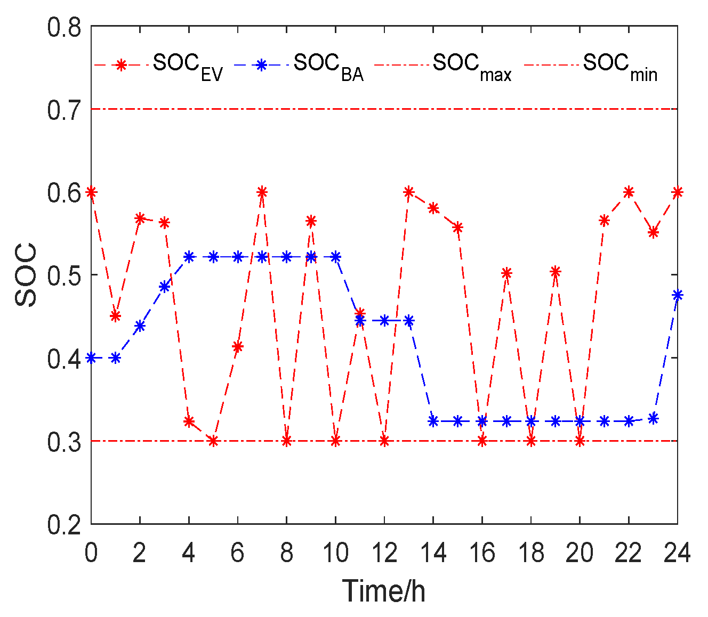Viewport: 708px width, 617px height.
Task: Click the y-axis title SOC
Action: [x=27, y=275]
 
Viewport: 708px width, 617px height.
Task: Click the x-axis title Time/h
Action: [x=384, y=591]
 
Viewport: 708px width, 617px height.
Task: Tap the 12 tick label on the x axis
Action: [x=384, y=553]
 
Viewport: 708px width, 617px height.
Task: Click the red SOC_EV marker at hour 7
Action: [x=262, y=192]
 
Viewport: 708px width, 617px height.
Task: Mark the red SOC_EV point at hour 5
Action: [x=213, y=441]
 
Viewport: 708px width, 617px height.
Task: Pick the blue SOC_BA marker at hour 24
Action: [x=678, y=295]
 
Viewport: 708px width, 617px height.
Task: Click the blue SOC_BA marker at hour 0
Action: [x=91, y=358]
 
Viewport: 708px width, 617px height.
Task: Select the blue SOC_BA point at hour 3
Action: [x=164, y=287]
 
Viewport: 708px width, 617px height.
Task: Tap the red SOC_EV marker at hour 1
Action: [x=115, y=316]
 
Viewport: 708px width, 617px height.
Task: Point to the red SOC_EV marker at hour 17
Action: [x=506, y=273]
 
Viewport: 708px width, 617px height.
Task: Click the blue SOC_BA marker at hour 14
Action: [x=433, y=421]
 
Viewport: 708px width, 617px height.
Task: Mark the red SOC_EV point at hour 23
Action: [x=653, y=232]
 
